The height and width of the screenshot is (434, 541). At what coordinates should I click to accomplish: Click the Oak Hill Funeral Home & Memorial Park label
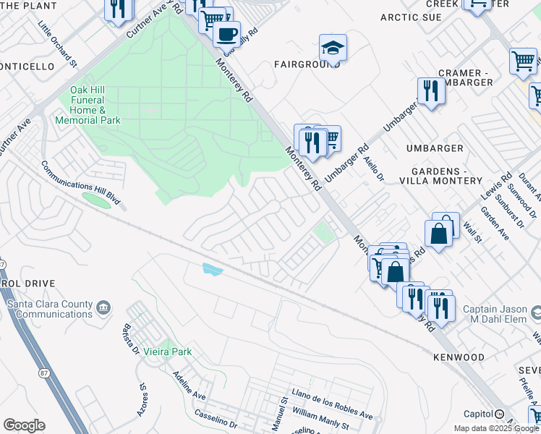click(x=95, y=105)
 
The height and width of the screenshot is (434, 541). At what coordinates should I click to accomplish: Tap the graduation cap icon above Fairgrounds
click(x=333, y=48)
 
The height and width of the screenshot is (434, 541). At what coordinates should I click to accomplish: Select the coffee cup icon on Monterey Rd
click(x=226, y=33)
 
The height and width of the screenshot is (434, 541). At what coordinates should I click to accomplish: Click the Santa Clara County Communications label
click(x=49, y=309)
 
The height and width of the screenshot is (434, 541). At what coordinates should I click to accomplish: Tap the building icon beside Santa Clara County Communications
click(x=103, y=309)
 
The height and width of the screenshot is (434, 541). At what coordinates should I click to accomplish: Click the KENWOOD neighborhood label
click(x=459, y=357)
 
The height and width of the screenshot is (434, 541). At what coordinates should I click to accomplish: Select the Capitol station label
click(x=478, y=414)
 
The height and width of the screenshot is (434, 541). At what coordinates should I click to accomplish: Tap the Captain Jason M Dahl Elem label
click(x=493, y=313)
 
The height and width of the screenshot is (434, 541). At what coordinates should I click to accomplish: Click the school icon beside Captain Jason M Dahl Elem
click(x=536, y=313)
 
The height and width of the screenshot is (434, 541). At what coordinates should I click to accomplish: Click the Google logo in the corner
click(x=24, y=425)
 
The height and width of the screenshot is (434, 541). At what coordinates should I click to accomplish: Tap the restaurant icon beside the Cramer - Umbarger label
click(x=430, y=90)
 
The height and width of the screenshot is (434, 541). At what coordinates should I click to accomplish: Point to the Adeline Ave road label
click(x=189, y=387)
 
